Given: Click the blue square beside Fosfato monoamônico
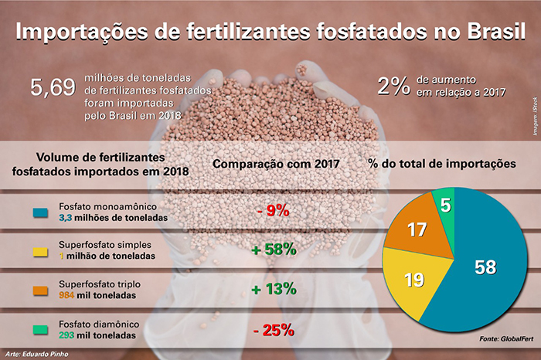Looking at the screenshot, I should [x=39, y=212].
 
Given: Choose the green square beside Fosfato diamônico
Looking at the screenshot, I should [x=39, y=331].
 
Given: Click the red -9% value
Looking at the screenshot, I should [x=272, y=211].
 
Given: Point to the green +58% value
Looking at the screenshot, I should [x=272, y=249].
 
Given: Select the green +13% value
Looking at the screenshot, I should [x=272, y=289].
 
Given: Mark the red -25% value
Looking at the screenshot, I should [x=272, y=331].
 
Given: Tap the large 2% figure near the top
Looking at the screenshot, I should [x=393, y=86].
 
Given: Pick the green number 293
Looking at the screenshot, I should [x=70, y=336].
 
